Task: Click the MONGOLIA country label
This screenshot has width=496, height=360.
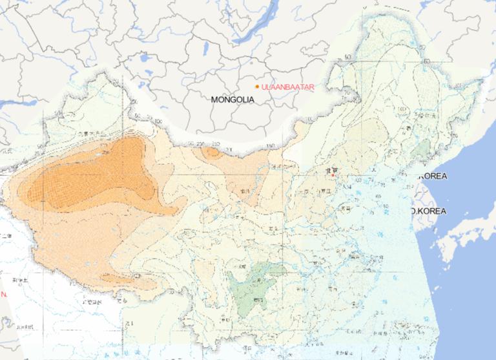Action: [x=232, y=100]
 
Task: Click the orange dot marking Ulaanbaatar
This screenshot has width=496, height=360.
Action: [x=257, y=87]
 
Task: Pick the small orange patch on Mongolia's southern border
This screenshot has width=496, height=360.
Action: [x=211, y=153]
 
